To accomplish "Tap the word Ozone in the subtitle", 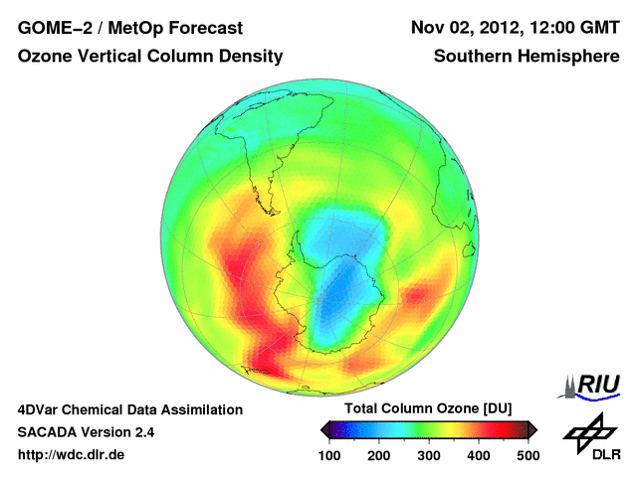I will tap(46, 57).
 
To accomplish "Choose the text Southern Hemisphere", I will tap(527, 57).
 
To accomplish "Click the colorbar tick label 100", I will tap(329, 455).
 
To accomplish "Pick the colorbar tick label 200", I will tap(379, 455).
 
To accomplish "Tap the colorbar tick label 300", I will tap(429, 455).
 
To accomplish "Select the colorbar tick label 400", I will tap(479, 455).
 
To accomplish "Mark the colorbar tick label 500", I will tap(528, 455).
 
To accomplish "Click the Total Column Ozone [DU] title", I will tap(428, 409).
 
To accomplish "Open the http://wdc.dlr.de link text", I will tap(72, 455).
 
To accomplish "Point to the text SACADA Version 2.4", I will tap(86, 432).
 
